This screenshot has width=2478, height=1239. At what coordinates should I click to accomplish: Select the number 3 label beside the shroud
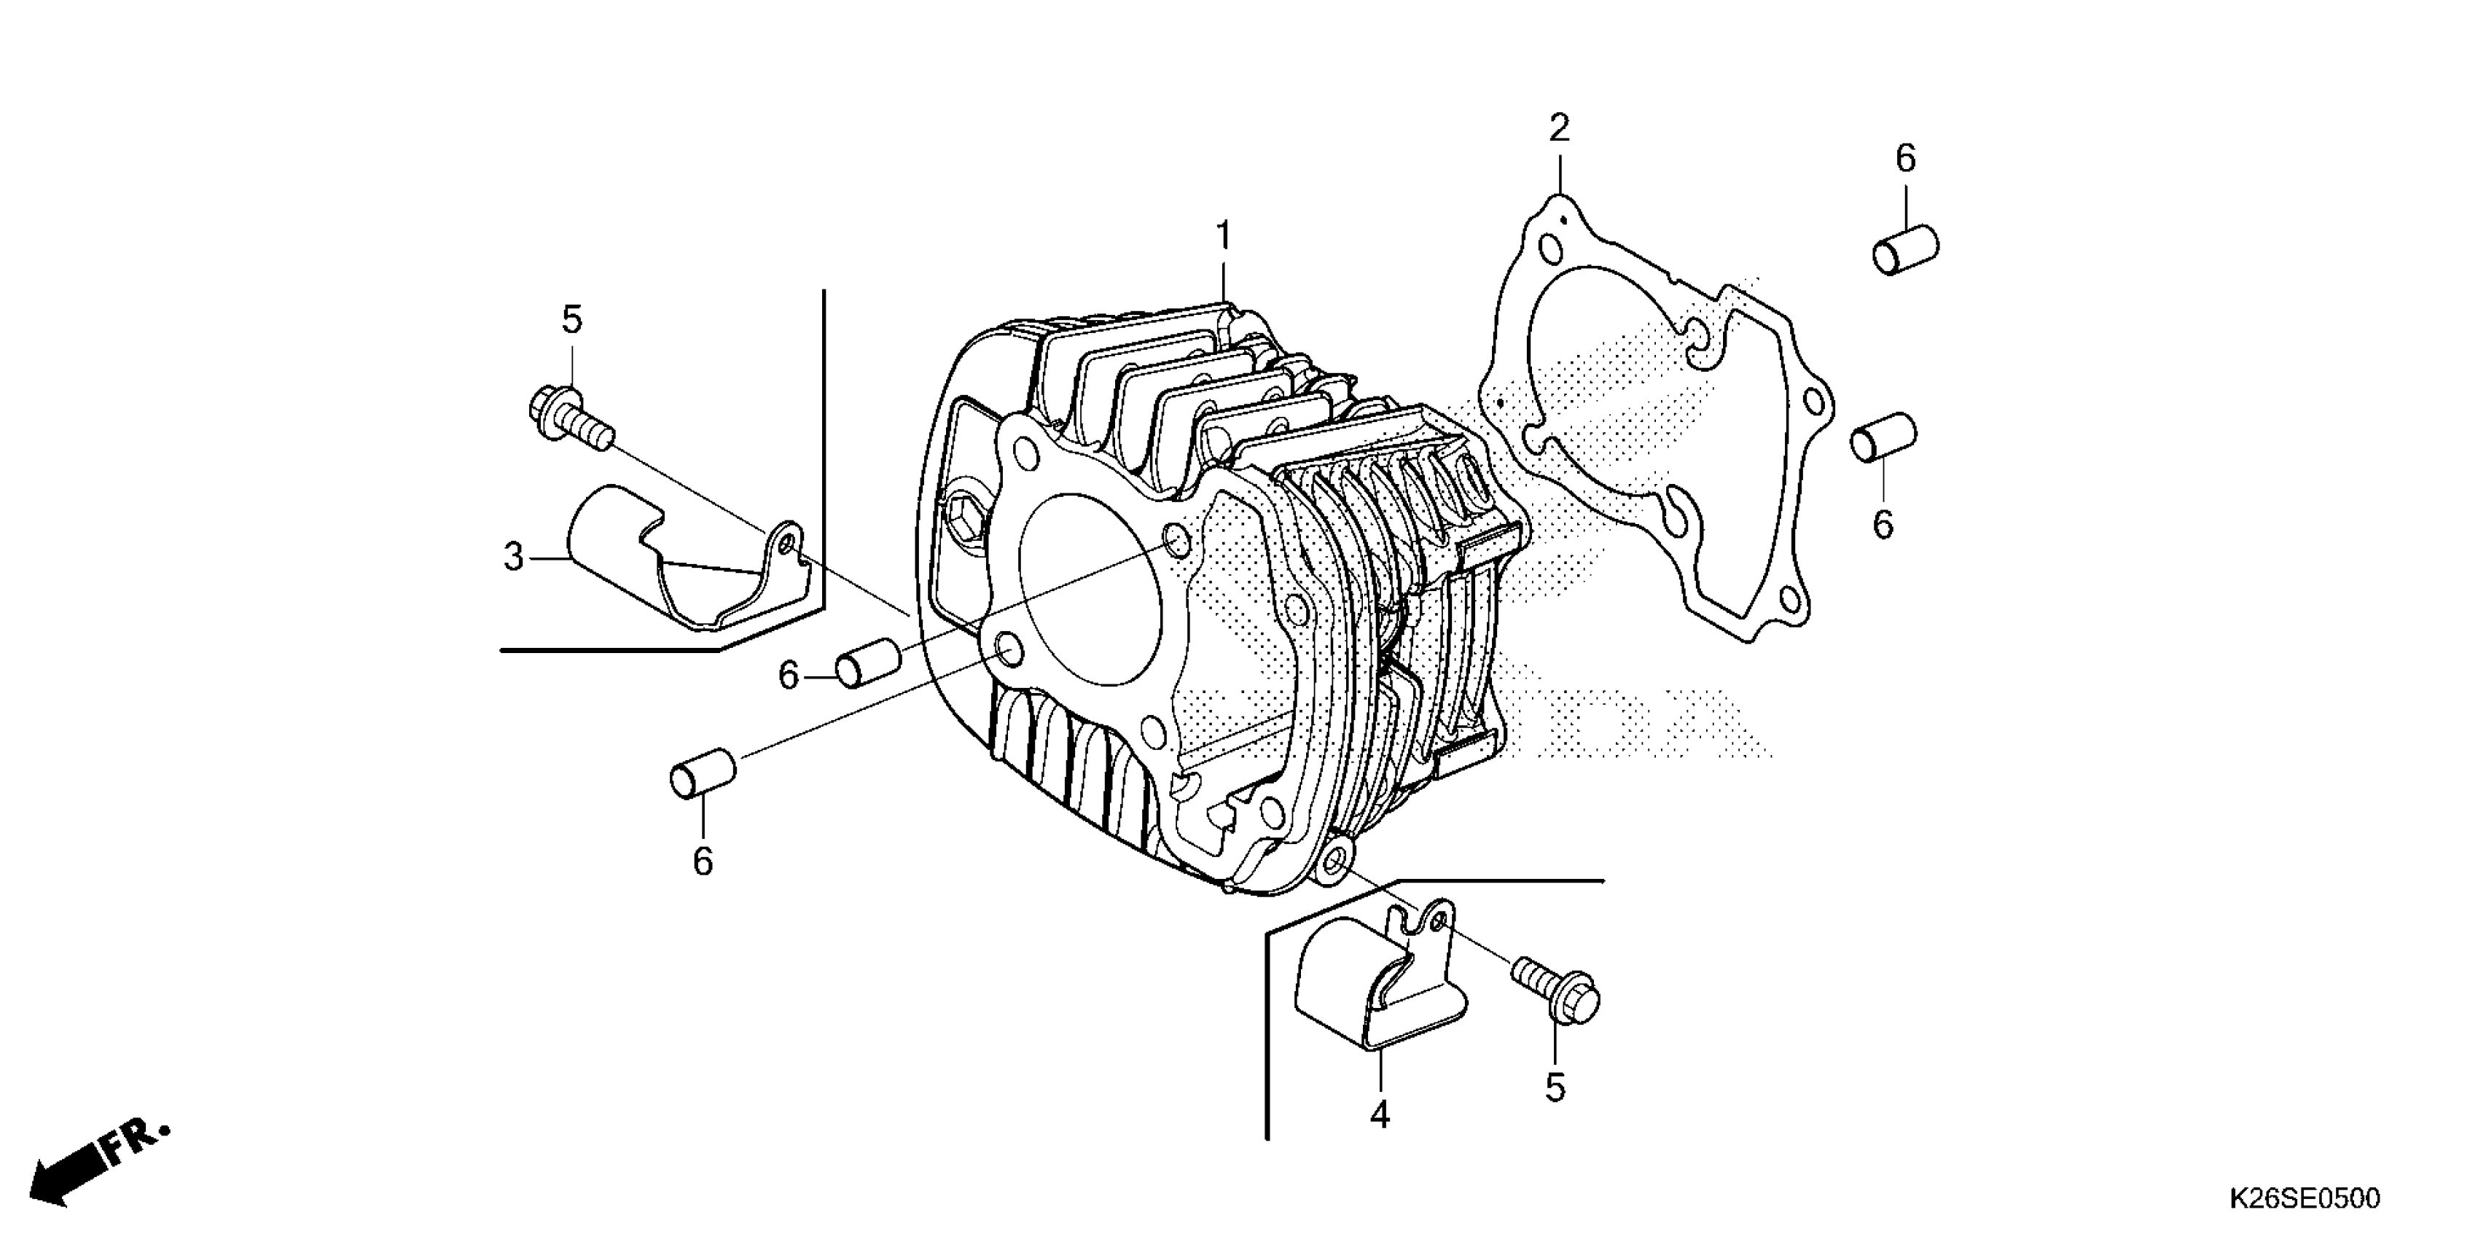[x=514, y=556]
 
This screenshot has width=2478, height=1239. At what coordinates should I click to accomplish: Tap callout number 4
[x=1380, y=1115]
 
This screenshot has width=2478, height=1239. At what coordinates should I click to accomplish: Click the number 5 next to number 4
[x=1555, y=1088]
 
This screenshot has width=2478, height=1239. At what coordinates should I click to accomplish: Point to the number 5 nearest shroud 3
[x=571, y=319]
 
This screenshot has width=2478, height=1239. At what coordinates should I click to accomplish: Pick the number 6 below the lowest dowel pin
[x=703, y=862]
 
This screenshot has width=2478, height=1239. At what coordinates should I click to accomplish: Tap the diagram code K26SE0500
[x=2304, y=1199]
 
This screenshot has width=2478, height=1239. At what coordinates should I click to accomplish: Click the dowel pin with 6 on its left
[x=868, y=665]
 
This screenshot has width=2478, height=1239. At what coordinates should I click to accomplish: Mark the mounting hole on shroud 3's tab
[x=787, y=545]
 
